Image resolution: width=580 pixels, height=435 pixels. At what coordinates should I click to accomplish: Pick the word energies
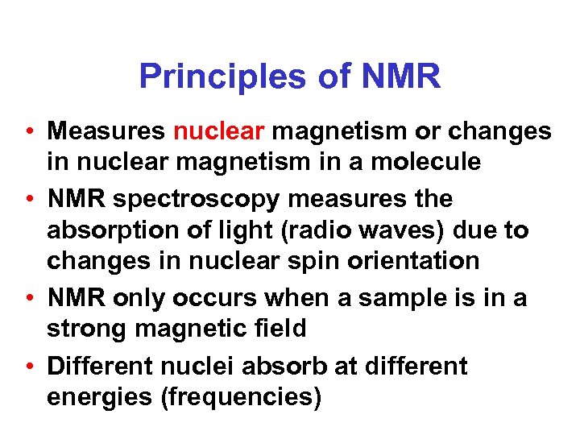[x=101, y=397]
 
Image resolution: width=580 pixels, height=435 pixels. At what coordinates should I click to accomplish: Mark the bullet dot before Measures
[x=29, y=131]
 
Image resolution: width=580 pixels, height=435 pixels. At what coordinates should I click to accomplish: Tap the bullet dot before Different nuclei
[x=29, y=366]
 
